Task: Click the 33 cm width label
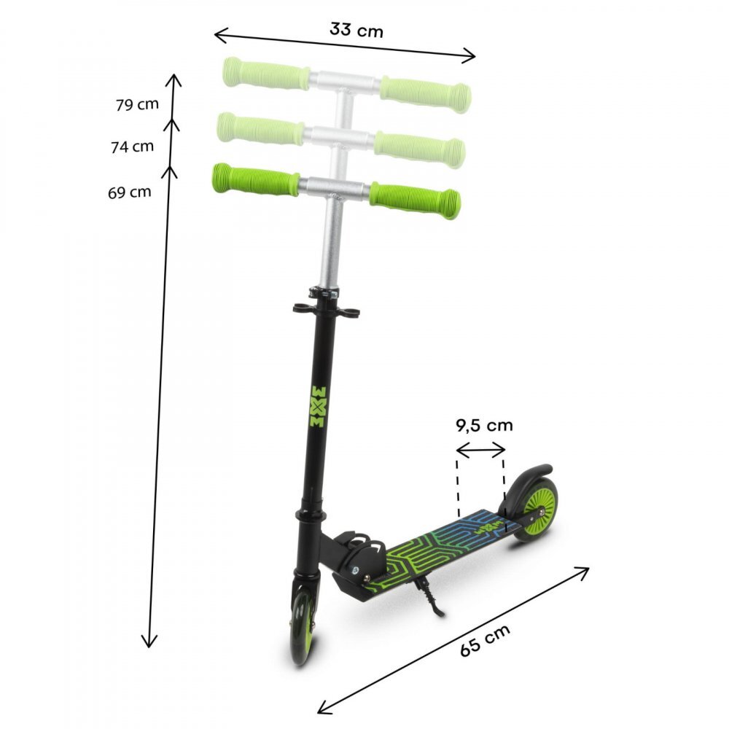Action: click(356, 30)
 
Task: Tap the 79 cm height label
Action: click(137, 104)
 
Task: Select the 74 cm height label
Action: click(132, 147)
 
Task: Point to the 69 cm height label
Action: click(129, 192)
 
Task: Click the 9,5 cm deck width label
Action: click(484, 425)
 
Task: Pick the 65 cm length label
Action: click(486, 641)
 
